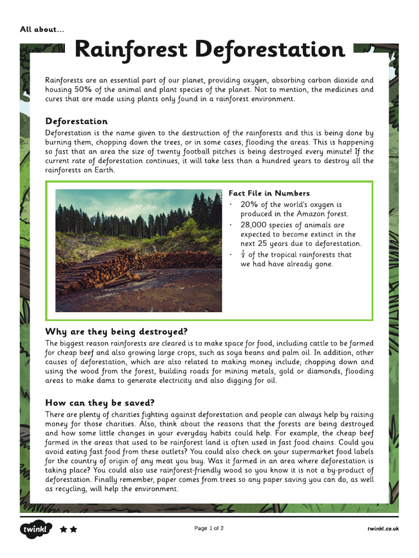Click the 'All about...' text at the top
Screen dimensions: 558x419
click(x=42, y=29)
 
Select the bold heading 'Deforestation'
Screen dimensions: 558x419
click(x=76, y=121)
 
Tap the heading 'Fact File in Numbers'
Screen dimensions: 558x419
click(x=269, y=193)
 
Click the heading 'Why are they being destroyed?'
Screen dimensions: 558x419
click(x=116, y=331)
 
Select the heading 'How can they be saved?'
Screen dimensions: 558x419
click(x=100, y=403)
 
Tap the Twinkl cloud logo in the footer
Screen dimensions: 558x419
click(x=36, y=529)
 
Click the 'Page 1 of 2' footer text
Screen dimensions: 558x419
click(x=209, y=528)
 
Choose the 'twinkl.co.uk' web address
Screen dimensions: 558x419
click(x=382, y=529)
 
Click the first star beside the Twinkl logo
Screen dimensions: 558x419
click(x=63, y=529)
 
